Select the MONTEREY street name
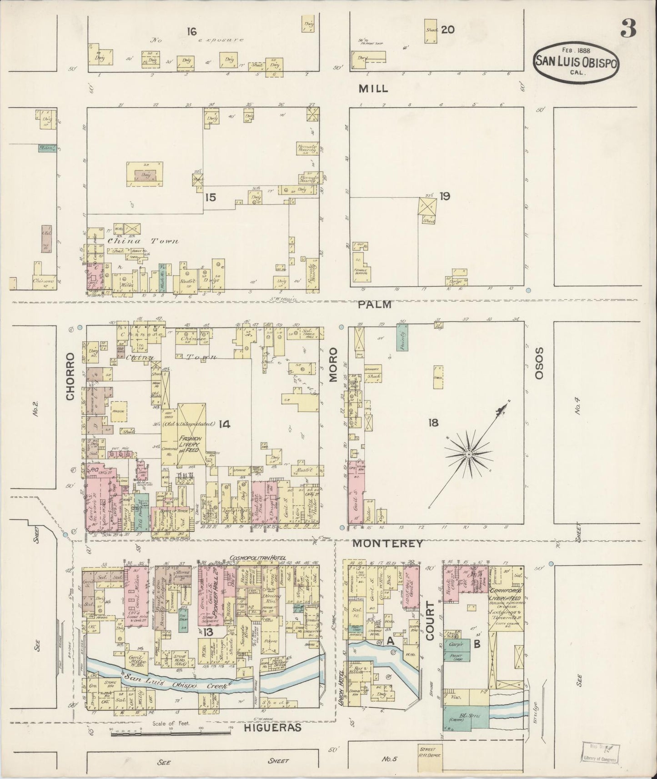[388, 543]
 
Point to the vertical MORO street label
[335, 364]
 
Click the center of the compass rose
[468, 454]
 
